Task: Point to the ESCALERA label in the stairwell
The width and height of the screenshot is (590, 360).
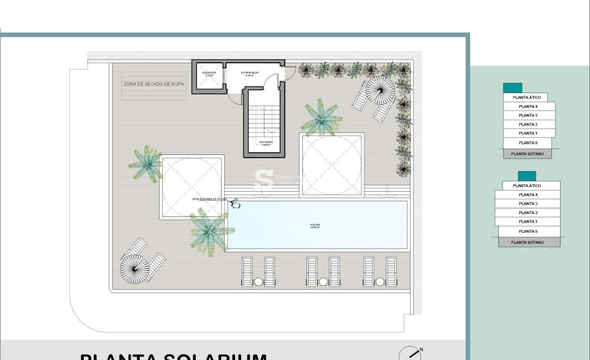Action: pos(266,143)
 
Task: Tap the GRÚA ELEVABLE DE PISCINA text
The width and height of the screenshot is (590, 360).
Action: pos(209,199)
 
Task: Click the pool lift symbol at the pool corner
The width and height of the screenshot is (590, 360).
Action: pos(236,205)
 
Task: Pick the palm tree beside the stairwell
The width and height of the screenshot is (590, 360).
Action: pos(321,119)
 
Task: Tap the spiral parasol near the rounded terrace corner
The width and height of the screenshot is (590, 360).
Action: pos(135,268)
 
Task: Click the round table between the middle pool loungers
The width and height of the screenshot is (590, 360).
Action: pos(323,281)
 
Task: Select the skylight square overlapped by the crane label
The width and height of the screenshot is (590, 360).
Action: pos(192,187)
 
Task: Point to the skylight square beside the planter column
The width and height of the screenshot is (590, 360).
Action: pos(332,165)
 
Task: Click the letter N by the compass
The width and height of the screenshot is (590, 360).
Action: pos(421,350)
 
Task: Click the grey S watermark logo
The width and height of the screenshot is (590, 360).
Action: pos(263,179)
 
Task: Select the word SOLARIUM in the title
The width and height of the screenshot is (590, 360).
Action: pos(214,357)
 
